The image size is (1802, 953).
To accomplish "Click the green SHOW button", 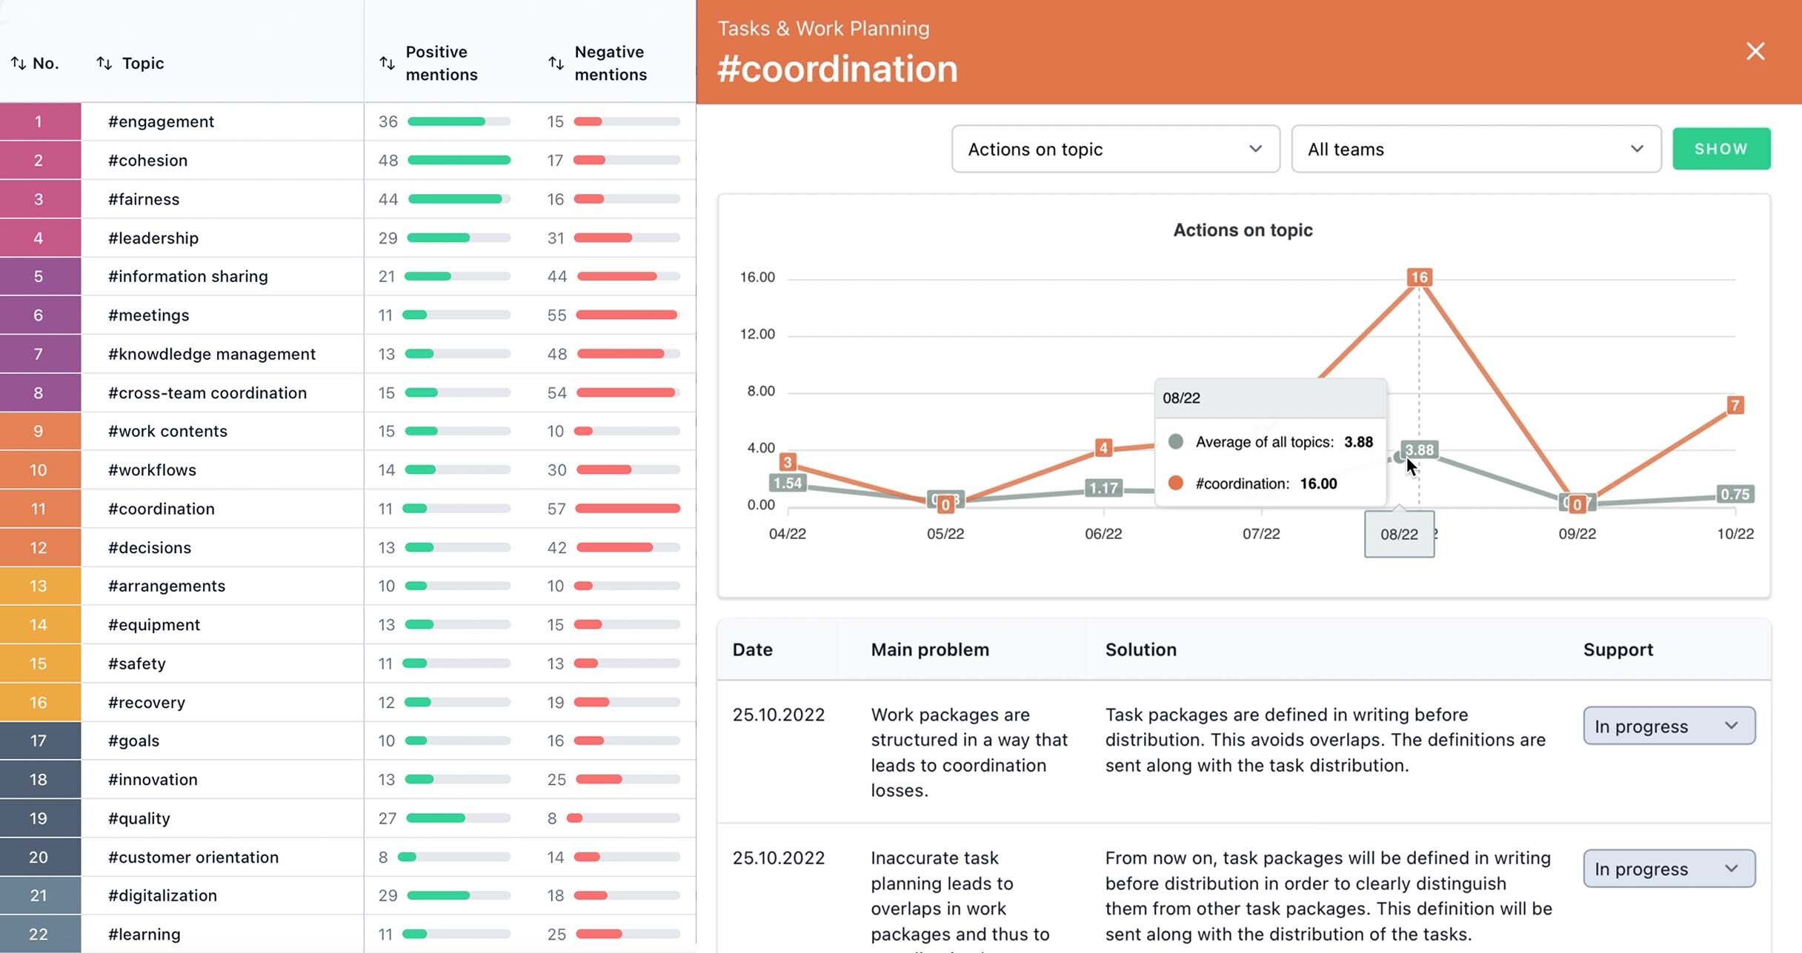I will click(x=1720, y=149).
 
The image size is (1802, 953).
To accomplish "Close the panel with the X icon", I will click(x=1755, y=51).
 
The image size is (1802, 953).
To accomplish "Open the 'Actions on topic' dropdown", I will click(x=1115, y=149).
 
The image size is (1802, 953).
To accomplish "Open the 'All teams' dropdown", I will click(x=1475, y=149).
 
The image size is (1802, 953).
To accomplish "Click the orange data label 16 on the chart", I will click(x=1419, y=277).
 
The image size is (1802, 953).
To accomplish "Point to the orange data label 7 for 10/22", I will click(x=1735, y=405).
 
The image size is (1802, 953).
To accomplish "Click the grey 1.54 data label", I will click(x=787, y=484).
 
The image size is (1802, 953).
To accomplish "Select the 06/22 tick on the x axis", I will click(x=1103, y=534).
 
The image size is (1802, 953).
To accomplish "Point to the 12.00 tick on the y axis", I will click(x=757, y=334).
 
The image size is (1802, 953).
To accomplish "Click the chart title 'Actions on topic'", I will click(x=1243, y=230).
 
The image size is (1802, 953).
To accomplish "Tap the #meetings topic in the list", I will click(x=148, y=315).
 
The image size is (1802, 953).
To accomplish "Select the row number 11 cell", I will click(x=39, y=509).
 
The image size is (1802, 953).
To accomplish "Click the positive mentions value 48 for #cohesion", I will click(x=388, y=161).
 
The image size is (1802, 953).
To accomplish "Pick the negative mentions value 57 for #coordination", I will click(x=556, y=509).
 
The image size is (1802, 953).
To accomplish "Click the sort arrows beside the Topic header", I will click(x=104, y=64).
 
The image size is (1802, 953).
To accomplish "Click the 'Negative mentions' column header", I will click(x=610, y=63).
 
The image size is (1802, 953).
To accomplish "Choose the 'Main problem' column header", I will click(x=929, y=649).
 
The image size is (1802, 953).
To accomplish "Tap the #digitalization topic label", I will click(x=162, y=895).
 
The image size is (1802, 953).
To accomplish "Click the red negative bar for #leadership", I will click(x=603, y=238).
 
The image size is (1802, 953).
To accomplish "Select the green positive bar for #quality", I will click(x=436, y=818).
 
